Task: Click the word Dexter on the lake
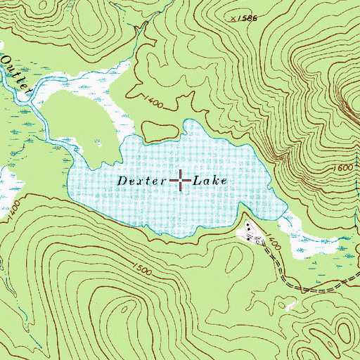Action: pos(141,181)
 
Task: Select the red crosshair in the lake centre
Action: pos(180,181)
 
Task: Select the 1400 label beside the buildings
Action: pos(274,245)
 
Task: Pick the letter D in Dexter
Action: pos(122,181)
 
